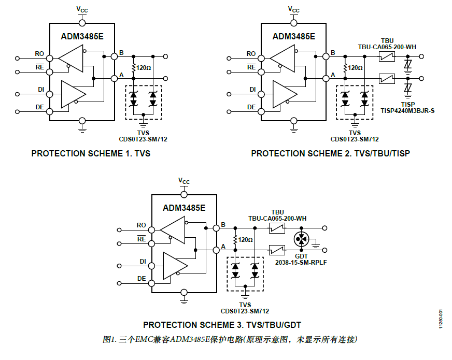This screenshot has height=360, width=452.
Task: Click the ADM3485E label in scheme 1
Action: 82,37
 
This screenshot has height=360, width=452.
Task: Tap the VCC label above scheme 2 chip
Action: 293,10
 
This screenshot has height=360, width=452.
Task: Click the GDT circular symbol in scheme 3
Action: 301,239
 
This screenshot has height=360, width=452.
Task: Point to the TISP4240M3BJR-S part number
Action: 408,110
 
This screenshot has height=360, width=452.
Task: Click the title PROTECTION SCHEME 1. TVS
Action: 91,153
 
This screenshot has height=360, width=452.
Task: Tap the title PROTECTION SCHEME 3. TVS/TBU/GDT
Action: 222,325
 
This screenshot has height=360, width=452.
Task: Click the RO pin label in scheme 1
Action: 39,54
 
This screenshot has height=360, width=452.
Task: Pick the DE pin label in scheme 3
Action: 142,279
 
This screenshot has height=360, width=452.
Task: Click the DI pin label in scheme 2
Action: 252,90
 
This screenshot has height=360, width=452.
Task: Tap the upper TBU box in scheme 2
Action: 387,56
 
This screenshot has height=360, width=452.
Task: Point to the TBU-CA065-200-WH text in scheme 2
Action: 387,46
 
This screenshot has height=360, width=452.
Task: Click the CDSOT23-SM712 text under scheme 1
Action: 143,139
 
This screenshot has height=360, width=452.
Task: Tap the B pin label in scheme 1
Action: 121,52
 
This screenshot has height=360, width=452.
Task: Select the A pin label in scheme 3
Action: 223,246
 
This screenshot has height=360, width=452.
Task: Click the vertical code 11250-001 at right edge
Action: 441,317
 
